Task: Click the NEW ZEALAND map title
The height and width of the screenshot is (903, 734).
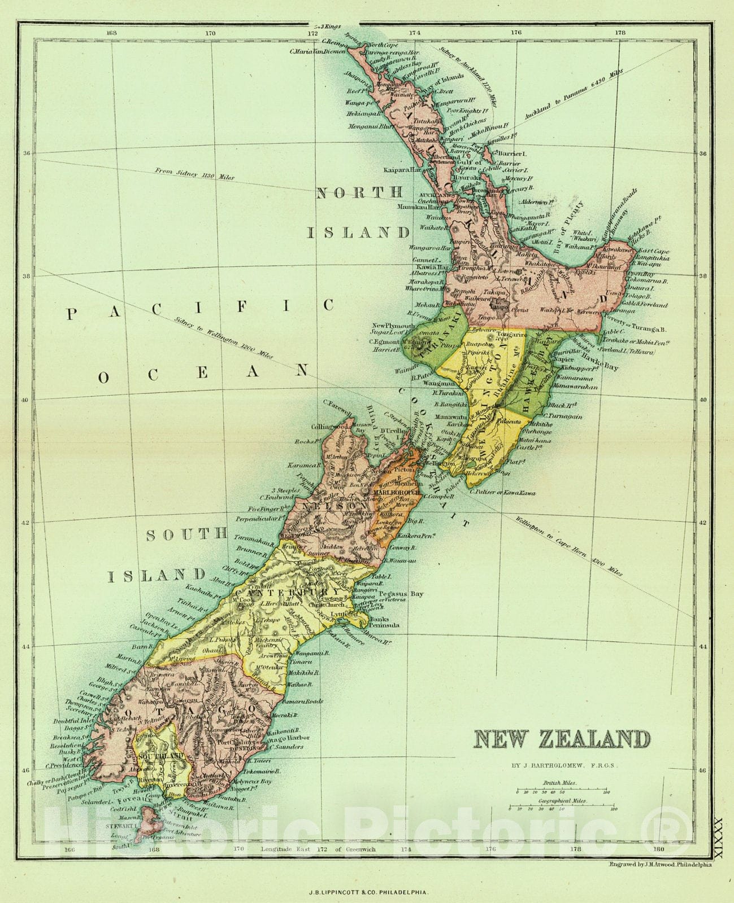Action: [x=562, y=739]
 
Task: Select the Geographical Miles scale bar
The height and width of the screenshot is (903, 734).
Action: [x=563, y=809]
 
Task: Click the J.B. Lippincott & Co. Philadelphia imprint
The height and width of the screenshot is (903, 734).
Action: [x=368, y=893]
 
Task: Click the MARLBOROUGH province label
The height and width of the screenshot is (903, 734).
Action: [x=394, y=492]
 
